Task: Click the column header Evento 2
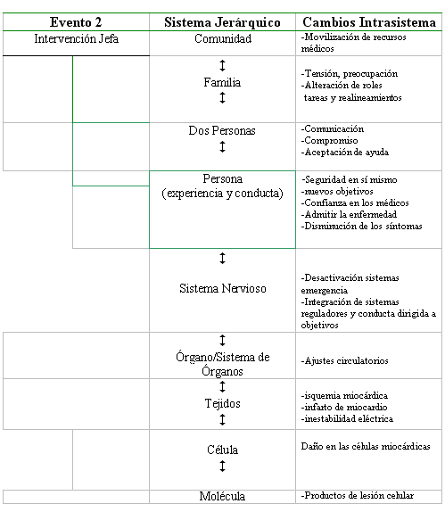[x=76, y=22]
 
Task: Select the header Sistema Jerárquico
[x=222, y=22]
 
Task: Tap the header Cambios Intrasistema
[x=369, y=22]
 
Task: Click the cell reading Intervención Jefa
[x=76, y=38]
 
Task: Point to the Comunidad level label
[x=223, y=38]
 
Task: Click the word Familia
[x=222, y=82]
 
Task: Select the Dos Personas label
[x=222, y=130]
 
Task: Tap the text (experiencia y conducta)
[x=222, y=194]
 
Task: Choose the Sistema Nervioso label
[x=223, y=288]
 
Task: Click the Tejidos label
[x=223, y=403]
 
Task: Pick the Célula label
[x=222, y=450]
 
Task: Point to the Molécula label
[x=222, y=496]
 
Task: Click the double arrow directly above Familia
[x=222, y=66]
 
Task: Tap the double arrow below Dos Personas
[x=222, y=146]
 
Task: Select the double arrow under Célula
[x=222, y=466]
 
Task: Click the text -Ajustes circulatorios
[x=344, y=361]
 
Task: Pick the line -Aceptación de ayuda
[x=345, y=153]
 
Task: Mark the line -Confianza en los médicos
[x=355, y=202]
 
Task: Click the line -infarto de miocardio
[x=344, y=407]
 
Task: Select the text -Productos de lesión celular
[x=358, y=496]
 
